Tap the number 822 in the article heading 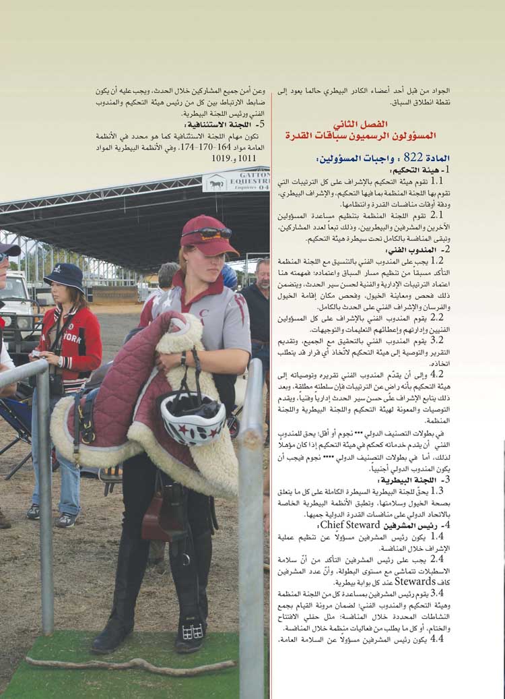[417, 158]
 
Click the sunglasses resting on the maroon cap [206, 233]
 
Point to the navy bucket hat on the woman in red [63, 276]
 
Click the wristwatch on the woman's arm [181, 357]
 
